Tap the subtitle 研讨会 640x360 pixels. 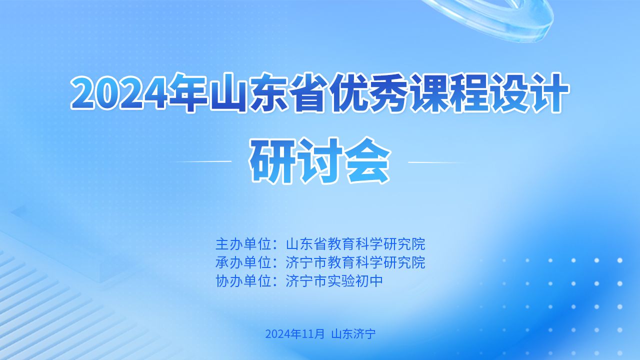[x=320, y=161]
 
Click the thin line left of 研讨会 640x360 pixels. [x=202, y=162]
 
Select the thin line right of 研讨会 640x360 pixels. [x=437, y=162]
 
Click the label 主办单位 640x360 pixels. [x=245, y=244]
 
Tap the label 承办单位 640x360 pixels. [x=245, y=262]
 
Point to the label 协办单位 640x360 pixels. [x=245, y=281]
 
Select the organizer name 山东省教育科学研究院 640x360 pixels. [x=355, y=244]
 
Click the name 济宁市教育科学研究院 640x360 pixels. [x=355, y=262]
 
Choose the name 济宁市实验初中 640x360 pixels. [x=334, y=281]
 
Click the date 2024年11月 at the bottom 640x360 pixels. [x=294, y=333]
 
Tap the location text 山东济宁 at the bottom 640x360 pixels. [x=353, y=333]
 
